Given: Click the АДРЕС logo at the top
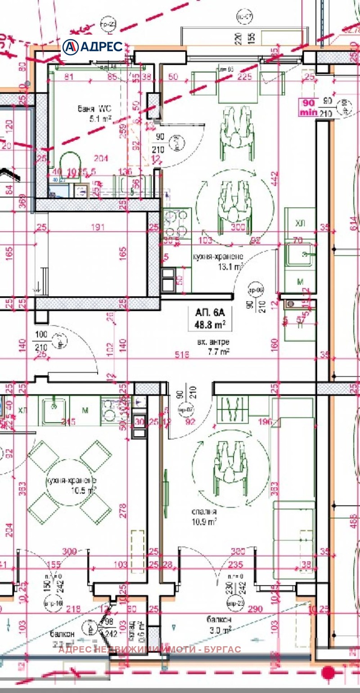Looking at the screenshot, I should pyautogui.click(x=93, y=47).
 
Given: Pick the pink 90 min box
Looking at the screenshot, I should pyautogui.click(x=309, y=107).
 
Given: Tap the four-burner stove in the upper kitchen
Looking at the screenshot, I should pyautogui.click(x=177, y=223).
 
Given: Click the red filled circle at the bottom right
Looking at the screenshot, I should pyautogui.click(x=329, y=672).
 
